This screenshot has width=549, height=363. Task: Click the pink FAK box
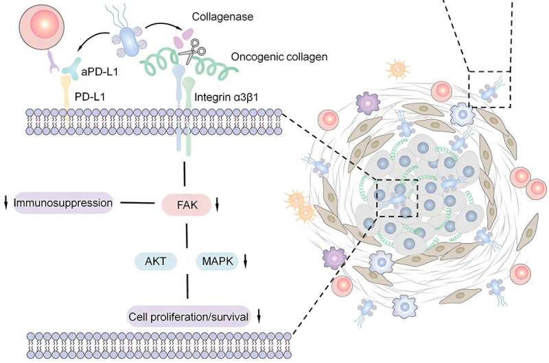[x=183, y=203]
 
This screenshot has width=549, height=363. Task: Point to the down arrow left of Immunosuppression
[x=6, y=203]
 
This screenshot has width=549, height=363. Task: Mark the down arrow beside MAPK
[x=246, y=261]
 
